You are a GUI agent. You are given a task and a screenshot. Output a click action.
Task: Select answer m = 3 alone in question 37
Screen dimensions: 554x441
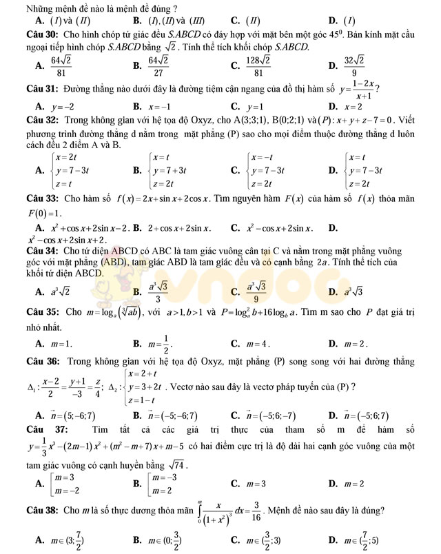(255, 484)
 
